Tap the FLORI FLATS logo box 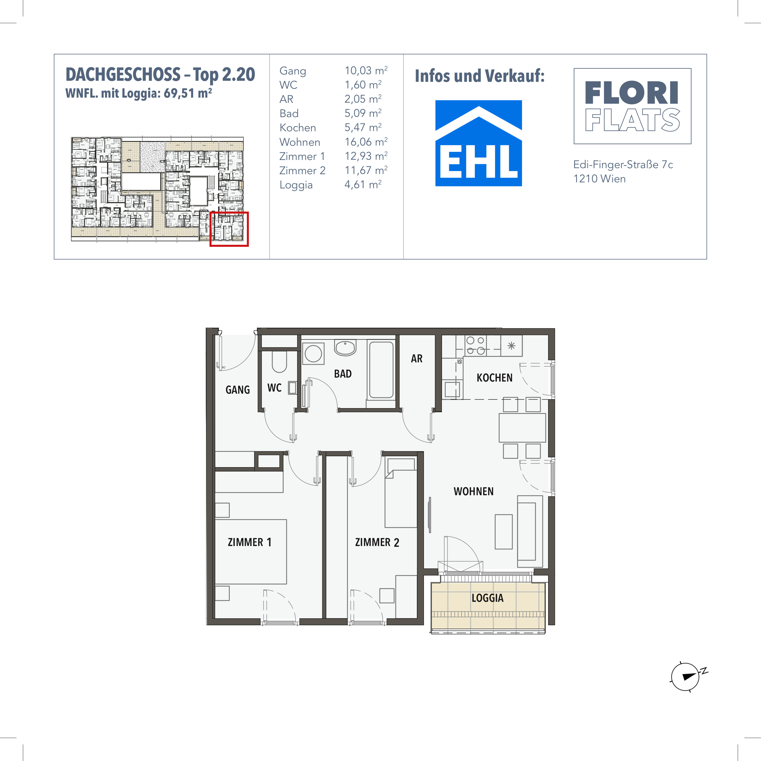point(632,106)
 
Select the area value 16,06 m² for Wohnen point(366,142)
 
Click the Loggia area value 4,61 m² point(363,184)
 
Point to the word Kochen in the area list point(298,128)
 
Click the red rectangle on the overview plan point(229,229)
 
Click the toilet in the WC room point(279,362)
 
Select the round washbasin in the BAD point(345,347)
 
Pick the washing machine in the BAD point(313,353)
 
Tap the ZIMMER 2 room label point(377,542)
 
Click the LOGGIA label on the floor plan point(488,598)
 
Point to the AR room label point(417,358)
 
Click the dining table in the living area point(522,427)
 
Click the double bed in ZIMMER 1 point(251,552)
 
